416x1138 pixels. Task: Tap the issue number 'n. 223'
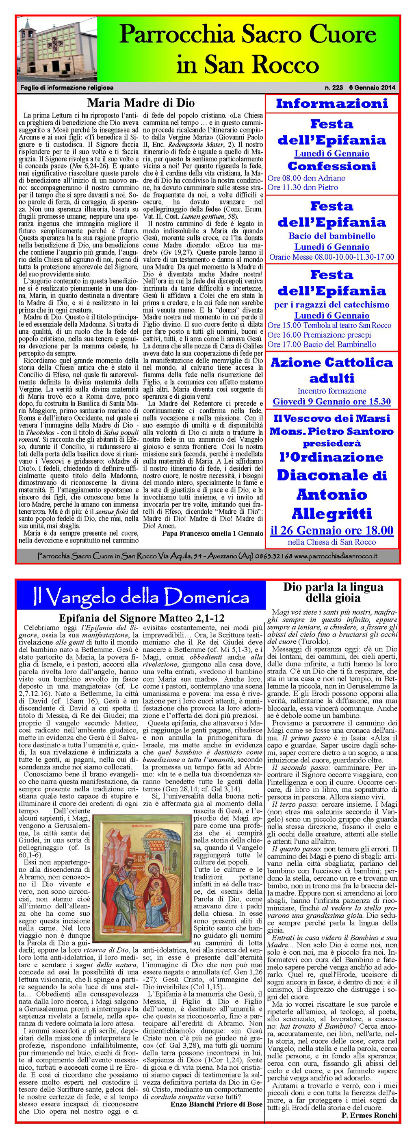coord(334,87)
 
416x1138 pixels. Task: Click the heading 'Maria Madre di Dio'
coord(141,103)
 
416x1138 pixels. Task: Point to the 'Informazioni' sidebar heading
coord(331,104)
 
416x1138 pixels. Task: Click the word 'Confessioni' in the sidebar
coord(331,166)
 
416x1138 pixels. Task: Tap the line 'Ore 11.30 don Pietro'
coord(303,187)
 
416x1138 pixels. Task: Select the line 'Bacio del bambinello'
coord(331,236)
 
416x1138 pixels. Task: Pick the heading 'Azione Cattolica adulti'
coord(331,370)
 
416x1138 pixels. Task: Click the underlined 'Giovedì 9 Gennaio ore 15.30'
coord(331,402)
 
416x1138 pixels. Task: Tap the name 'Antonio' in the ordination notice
coord(331,494)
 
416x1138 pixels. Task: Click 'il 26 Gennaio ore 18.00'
coord(331,530)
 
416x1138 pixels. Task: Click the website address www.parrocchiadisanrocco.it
coord(336,556)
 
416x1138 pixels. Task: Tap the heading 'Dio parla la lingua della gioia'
coord(333,593)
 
